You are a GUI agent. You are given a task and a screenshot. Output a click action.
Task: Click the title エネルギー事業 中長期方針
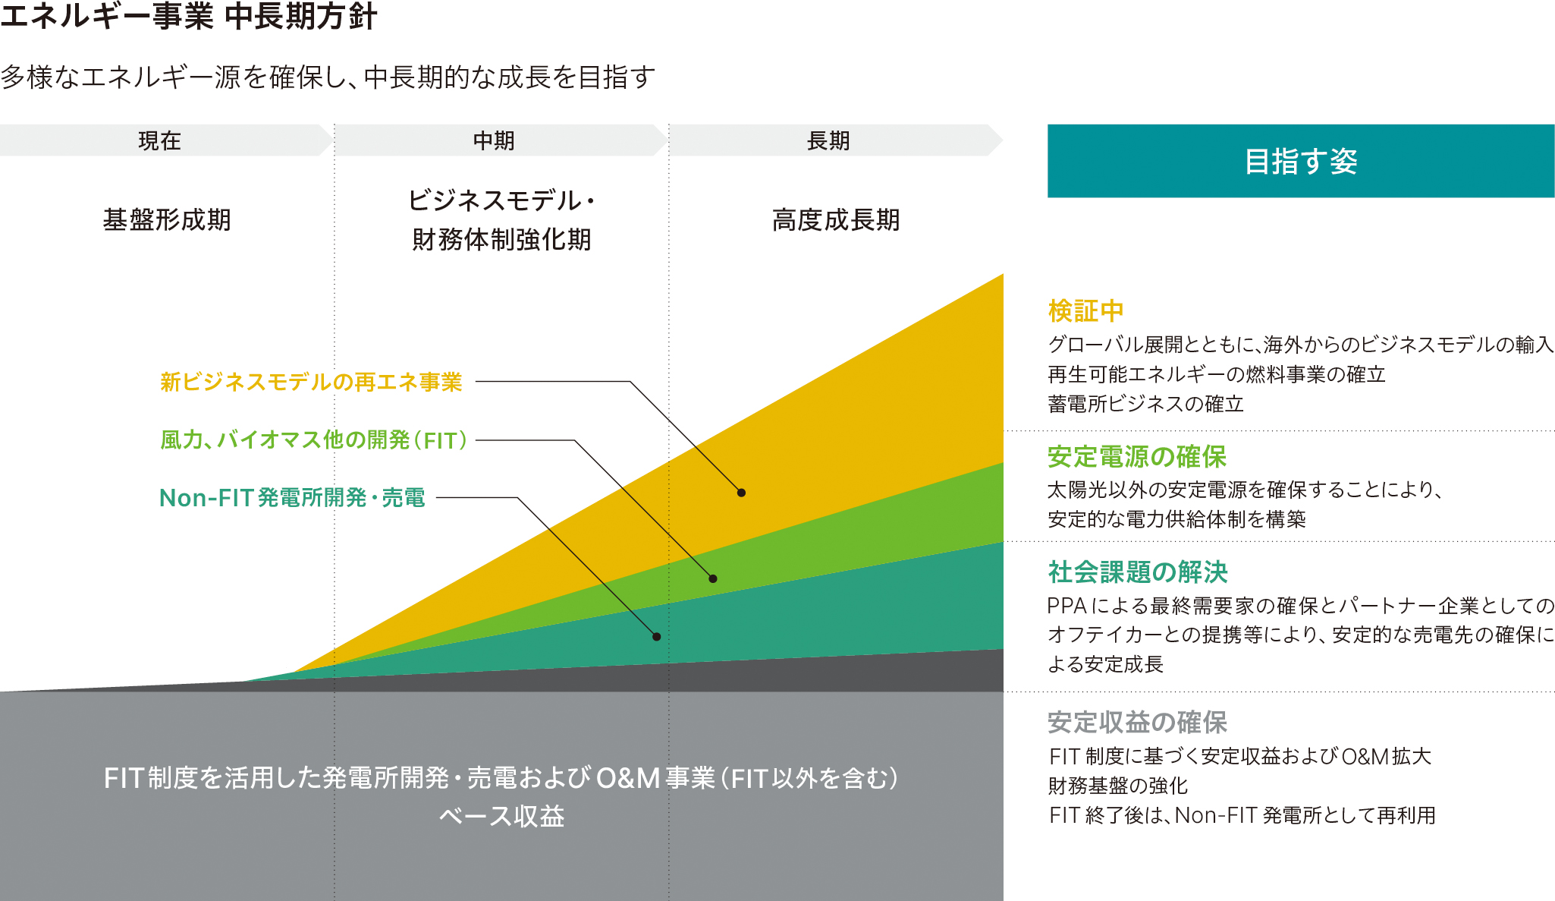pyautogui.click(x=188, y=17)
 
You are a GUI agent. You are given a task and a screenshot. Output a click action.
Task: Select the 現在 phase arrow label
pyautogui.click(x=159, y=140)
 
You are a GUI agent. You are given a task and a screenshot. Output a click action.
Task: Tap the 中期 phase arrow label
pyautogui.click(x=494, y=140)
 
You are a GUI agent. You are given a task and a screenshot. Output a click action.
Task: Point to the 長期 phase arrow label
pyautogui.click(x=828, y=140)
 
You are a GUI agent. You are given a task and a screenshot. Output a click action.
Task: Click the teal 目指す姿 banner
pyautogui.click(x=1301, y=161)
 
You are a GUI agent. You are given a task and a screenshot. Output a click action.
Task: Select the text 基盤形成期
pyautogui.click(x=167, y=220)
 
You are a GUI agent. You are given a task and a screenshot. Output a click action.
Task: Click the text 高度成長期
pyautogui.click(x=836, y=220)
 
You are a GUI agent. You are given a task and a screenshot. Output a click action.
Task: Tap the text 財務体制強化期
pyautogui.click(x=501, y=240)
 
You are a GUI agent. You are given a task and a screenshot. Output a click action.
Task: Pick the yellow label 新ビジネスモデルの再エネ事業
pyautogui.click(x=311, y=382)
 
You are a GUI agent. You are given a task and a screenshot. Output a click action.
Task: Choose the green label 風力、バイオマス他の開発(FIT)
pyautogui.click(x=314, y=440)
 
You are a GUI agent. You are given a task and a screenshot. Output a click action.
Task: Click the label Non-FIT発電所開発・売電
pyautogui.click(x=292, y=498)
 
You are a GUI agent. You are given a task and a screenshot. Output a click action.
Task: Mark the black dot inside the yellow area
pyautogui.click(x=741, y=493)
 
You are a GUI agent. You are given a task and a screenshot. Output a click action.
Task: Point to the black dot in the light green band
pyautogui.click(x=713, y=578)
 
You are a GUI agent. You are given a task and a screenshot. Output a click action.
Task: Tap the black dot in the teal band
pyautogui.click(x=656, y=637)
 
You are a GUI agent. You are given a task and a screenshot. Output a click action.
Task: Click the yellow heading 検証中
pyautogui.click(x=1085, y=311)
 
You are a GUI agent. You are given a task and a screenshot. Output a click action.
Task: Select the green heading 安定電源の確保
pyautogui.click(x=1137, y=457)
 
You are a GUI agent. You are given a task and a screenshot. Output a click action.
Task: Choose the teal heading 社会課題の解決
pyautogui.click(x=1137, y=572)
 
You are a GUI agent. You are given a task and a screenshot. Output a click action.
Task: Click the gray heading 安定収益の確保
pyautogui.click(x=1137, y=723)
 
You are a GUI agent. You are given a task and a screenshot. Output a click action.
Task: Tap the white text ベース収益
pyautogui.click(x=501, y=817)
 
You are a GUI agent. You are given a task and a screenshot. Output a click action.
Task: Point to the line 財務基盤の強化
pyautogui.click(x=1117, y=786)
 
